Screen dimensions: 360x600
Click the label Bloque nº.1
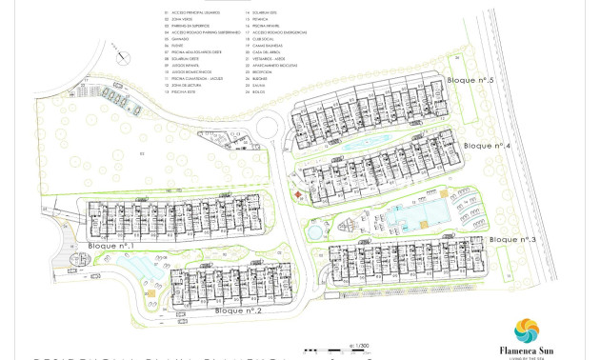click(x=110, y=246)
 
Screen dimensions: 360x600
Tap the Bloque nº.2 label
click(x=238, y=310)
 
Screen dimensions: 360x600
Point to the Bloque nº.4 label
click(x=488, y=146)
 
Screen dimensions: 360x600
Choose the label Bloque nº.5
click(x=470, y=81)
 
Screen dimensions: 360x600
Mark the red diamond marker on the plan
click(x=299, y=194)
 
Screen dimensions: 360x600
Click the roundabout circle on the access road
click(x=266, y=124)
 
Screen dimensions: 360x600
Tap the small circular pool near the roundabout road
click(x=313, y=230)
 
